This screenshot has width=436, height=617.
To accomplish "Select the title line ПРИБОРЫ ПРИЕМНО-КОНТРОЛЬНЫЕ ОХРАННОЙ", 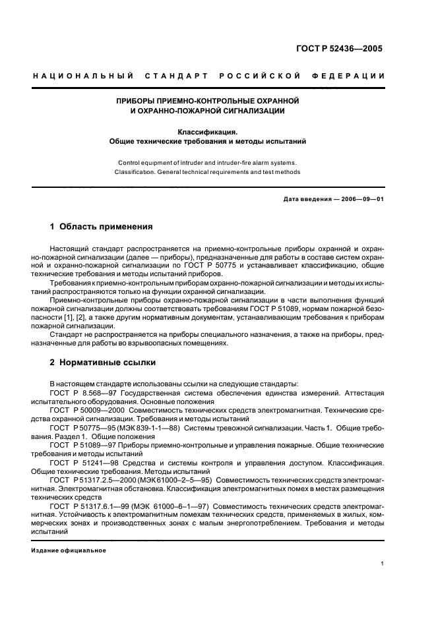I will click(208, 101).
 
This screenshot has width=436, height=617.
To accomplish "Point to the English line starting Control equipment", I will click(207, 162).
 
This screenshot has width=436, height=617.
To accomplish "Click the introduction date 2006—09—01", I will click(361, 199).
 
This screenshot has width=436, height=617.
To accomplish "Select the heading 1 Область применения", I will click(101, 227).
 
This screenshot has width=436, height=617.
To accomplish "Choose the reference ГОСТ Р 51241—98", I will click(82, 463).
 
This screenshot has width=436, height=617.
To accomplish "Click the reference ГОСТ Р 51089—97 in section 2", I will click(82, 446).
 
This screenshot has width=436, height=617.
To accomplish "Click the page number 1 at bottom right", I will click(382, 564).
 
